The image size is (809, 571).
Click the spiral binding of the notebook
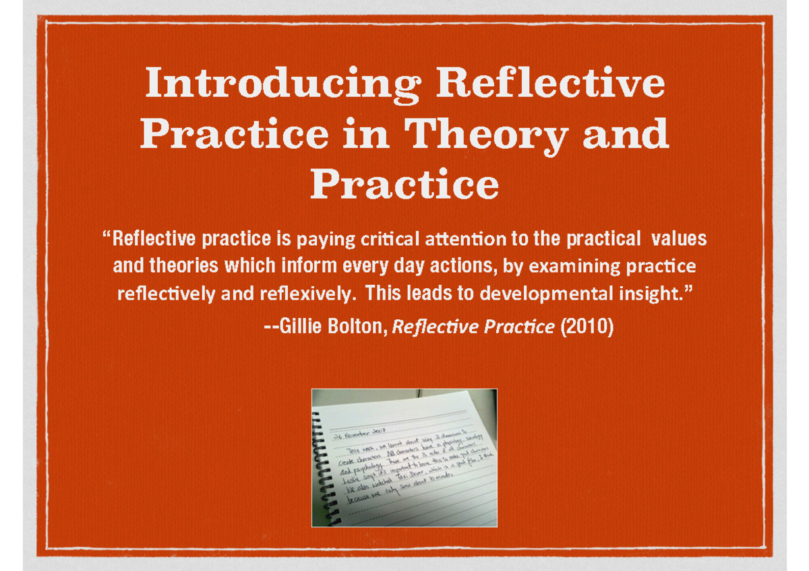coord(321,465)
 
